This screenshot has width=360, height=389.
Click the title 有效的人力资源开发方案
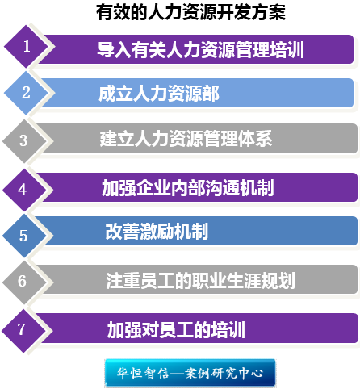tap(190, 12)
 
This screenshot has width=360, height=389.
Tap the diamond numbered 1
tap(26, 47)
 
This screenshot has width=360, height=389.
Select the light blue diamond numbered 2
tap(26, 93)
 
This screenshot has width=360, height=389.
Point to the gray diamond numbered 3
tap(24, 141)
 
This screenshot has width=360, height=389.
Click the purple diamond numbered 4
tap(24, 190)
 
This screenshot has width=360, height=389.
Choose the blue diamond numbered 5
tap(24, 236)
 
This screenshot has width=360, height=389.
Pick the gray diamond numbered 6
tap(24, 282)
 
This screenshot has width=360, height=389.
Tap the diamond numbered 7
tap(23, 331)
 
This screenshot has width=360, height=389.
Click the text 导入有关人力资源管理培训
tap(200, 50)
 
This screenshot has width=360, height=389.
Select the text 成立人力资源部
tap(159, 94)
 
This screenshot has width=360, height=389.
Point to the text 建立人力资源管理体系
tap(186, 139)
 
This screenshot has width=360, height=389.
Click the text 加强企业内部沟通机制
tap(188, 187)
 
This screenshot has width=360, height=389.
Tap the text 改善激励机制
tap(157, 232)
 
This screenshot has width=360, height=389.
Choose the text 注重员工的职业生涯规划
tap(200, 281)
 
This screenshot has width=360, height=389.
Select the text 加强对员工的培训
tap(176, 330)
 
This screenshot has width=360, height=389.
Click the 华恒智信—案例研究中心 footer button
tap(190, 373)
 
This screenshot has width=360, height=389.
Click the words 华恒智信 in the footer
tap(144, 373)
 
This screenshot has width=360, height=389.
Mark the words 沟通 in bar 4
tap(222, 187)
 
